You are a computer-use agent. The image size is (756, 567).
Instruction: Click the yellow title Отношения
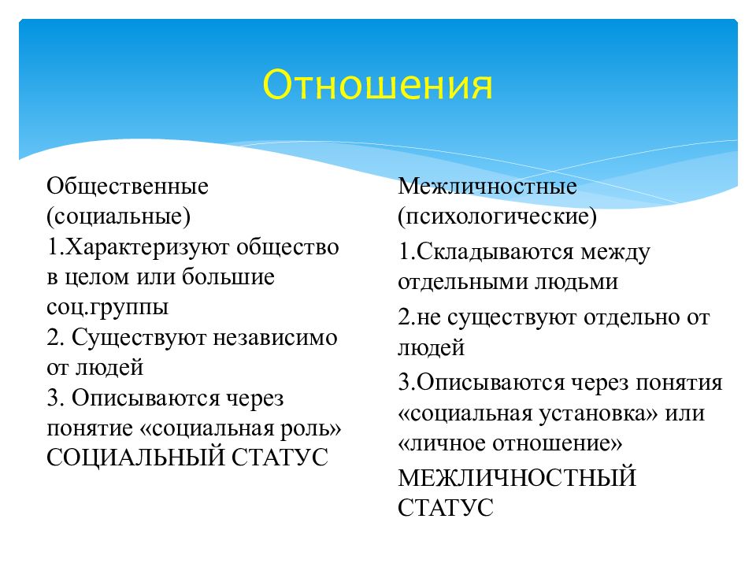[377, 84]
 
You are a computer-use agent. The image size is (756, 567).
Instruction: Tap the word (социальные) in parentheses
[119, 217]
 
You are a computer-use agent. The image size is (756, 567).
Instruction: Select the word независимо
[272, 338]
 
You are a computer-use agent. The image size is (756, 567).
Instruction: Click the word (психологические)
[497, 217]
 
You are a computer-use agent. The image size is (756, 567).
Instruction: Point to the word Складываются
[496, 253]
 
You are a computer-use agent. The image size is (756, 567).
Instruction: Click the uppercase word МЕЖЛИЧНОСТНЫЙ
[517, 478]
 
